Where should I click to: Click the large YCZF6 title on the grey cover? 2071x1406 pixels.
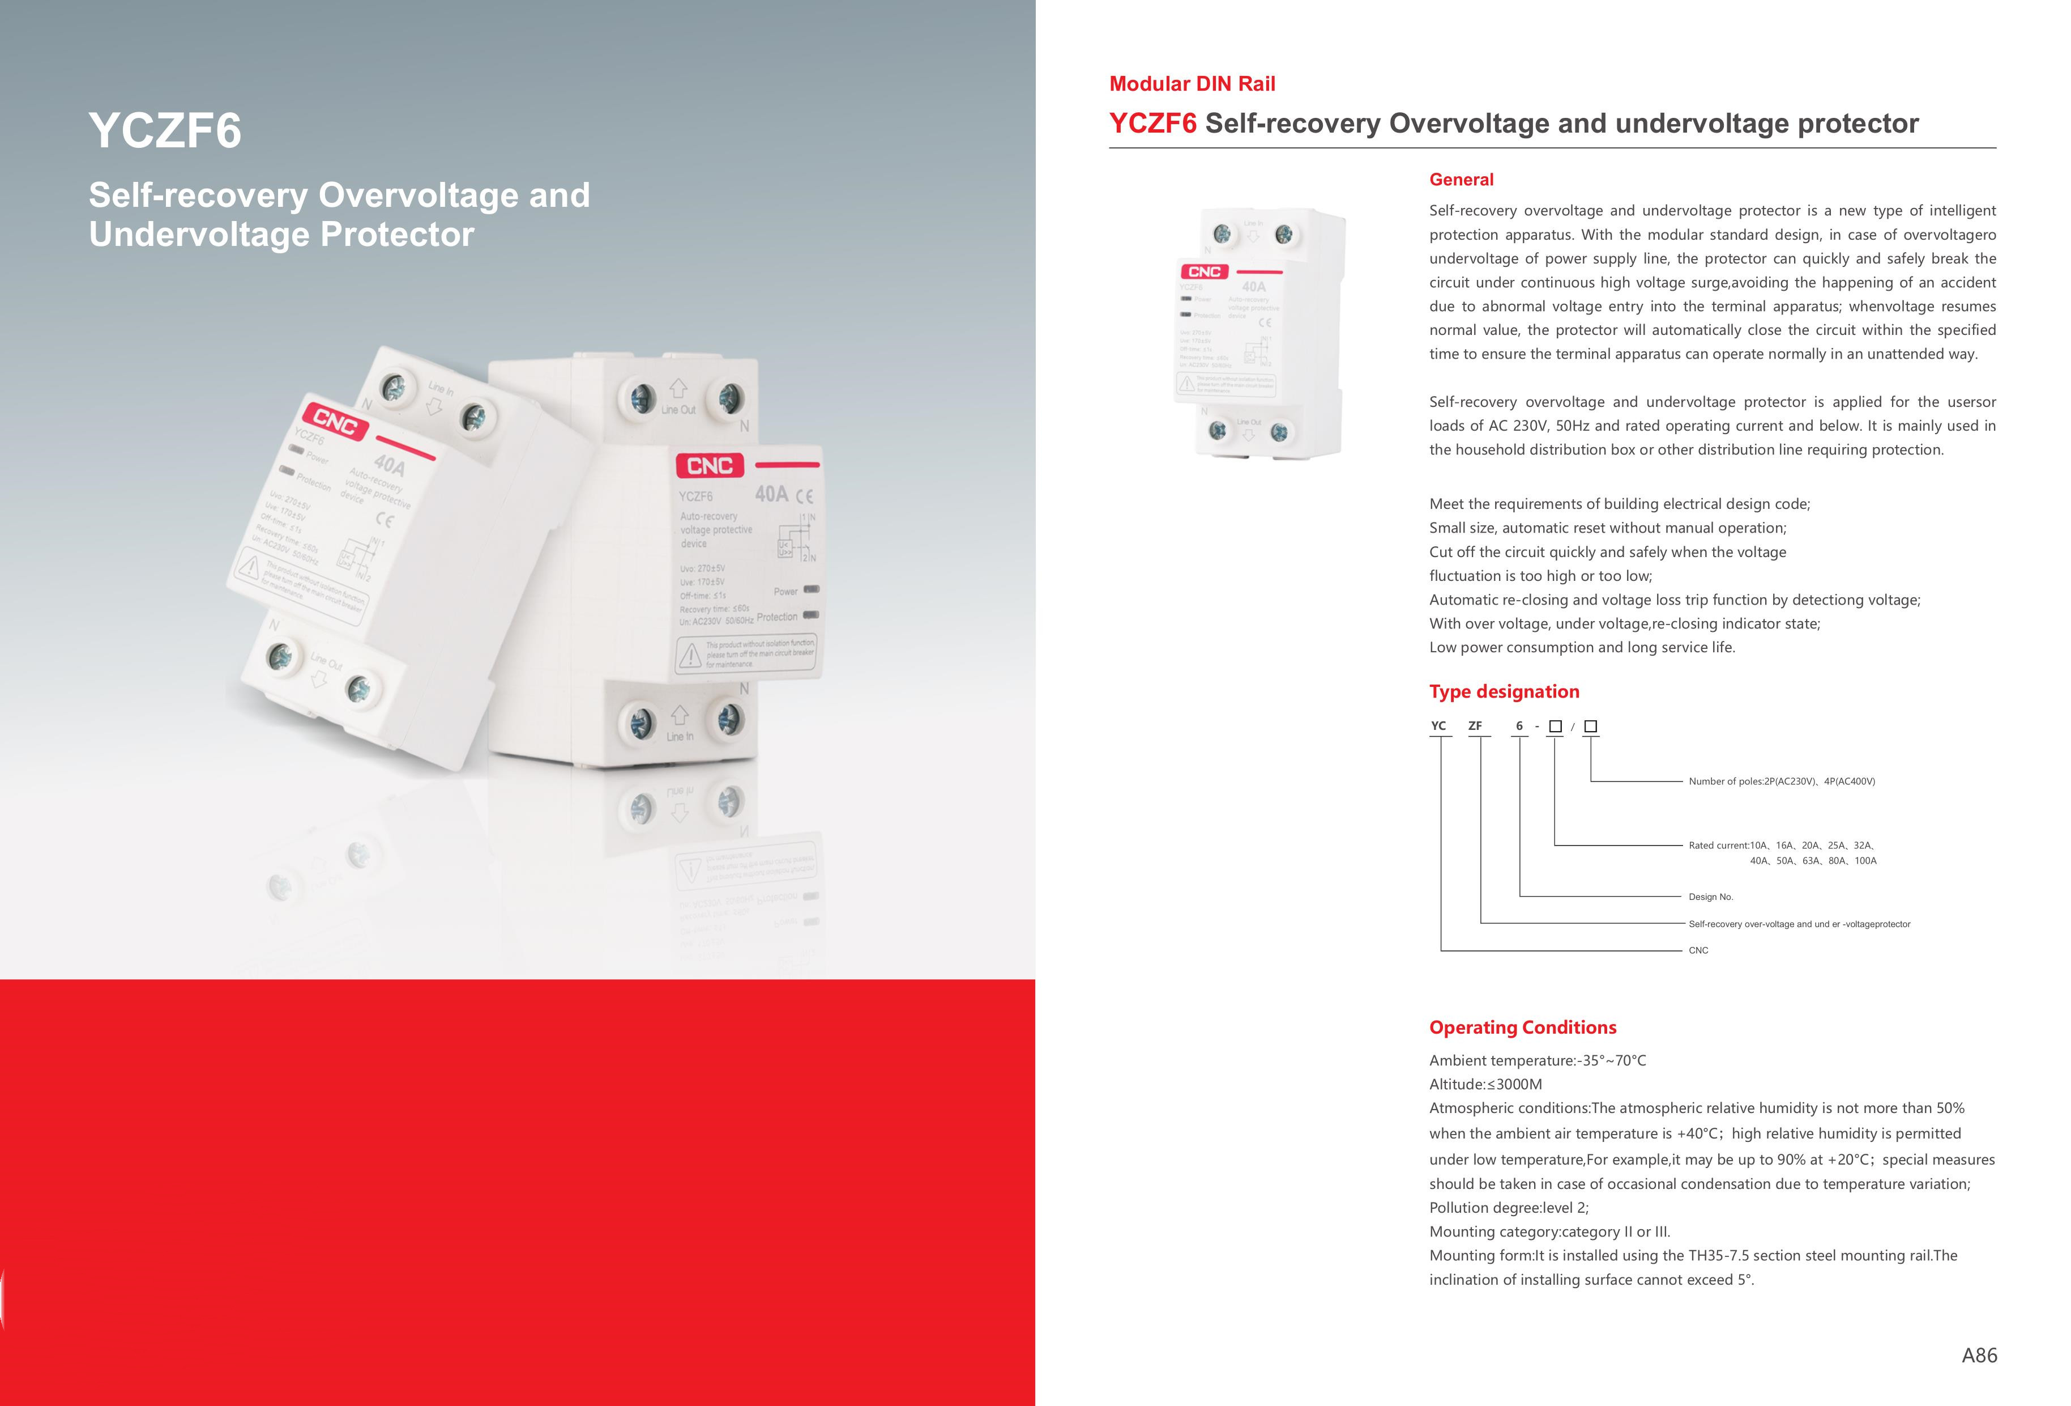[165, 131]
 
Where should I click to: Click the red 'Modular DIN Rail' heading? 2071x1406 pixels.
[1192, 84]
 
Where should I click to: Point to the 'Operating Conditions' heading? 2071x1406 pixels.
[1522, 1027]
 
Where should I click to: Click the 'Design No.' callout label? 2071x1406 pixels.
[1710, 897]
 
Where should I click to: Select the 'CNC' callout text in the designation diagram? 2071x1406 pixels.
[1698, 950]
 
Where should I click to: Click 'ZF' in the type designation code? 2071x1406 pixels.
[1475, 726]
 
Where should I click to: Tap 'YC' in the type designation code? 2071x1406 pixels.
[1438, 726]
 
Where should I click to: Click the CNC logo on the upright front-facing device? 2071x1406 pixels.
[710, 465]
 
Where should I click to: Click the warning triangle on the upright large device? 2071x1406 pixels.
[690, 657]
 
